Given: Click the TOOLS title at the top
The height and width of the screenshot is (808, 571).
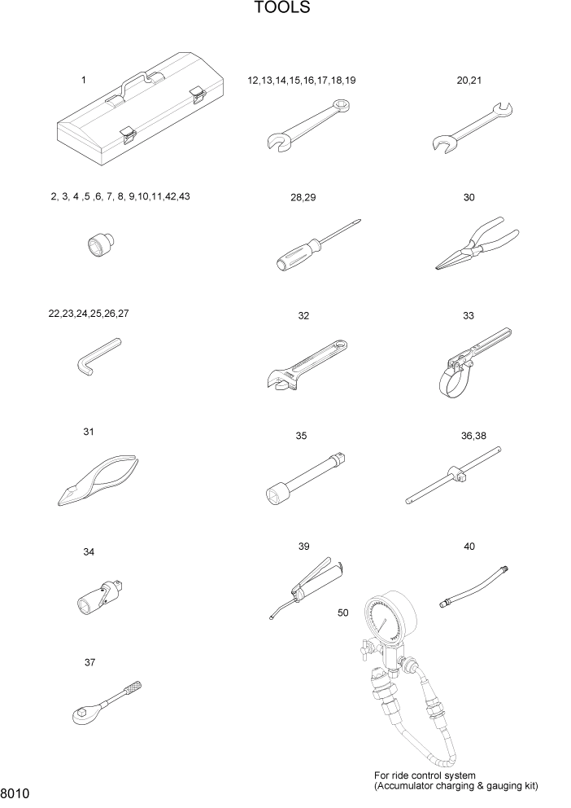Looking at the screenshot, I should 281,9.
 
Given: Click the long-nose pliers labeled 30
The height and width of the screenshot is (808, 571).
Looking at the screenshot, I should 474,246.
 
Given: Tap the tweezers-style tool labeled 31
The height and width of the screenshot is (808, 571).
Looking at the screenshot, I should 102,481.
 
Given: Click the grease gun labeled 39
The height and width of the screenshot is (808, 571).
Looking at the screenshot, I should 312,588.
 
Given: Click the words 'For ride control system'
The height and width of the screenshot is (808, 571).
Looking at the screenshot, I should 424,775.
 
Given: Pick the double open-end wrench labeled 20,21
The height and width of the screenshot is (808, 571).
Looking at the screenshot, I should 470,127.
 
